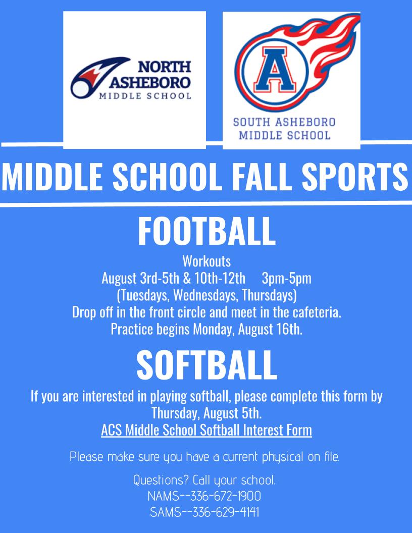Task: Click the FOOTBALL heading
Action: coord(206,231)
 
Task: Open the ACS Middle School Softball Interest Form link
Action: coord(206,431)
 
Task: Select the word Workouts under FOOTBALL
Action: coord(206,261)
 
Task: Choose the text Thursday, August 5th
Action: coord(206,414)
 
